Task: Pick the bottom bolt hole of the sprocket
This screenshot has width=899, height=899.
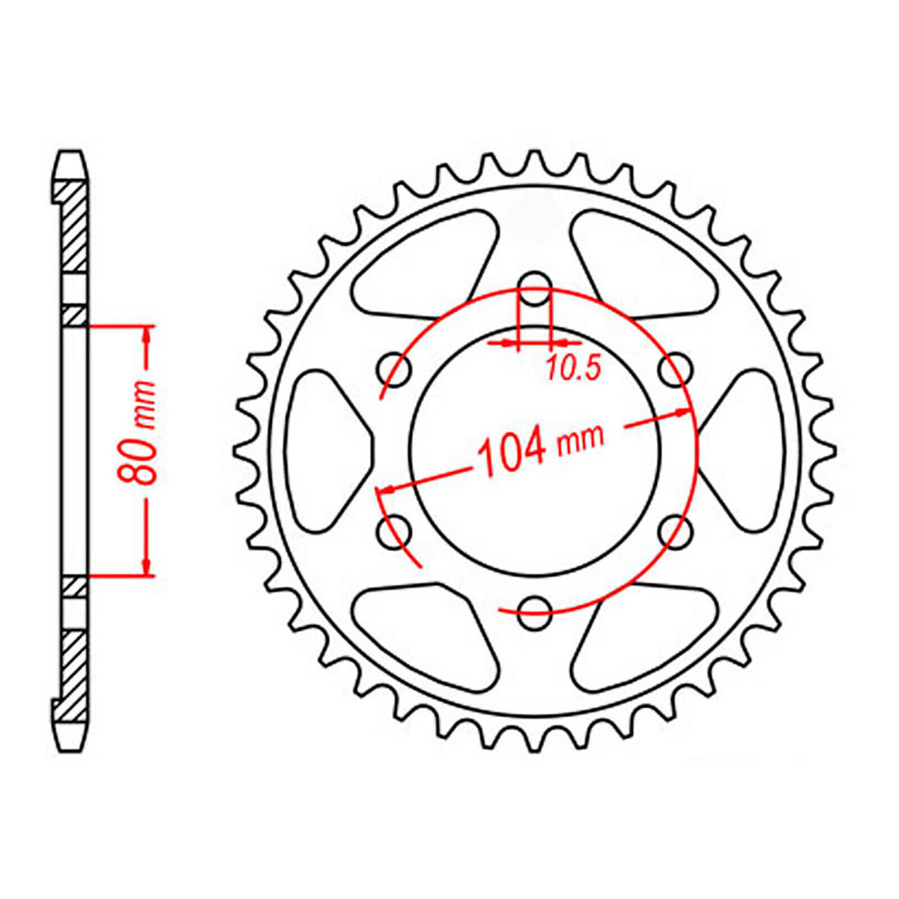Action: pos(534,612)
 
